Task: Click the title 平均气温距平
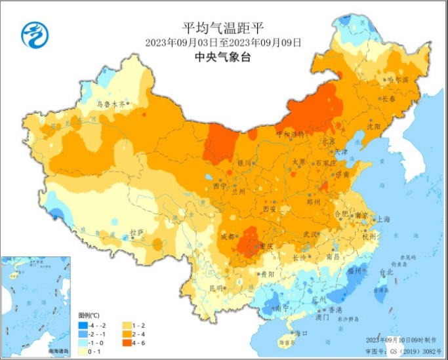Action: click(223, 28)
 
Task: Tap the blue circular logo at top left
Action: click(35, 35)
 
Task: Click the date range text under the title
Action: click(223, 43)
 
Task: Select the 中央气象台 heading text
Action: click(223, 57)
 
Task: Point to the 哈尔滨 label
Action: click(397, 79)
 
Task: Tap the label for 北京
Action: click(327, 142)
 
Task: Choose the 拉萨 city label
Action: click(136, 232)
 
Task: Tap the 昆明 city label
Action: click(216, 288)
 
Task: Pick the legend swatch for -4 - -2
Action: click(83, 325)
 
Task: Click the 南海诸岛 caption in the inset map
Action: click(58, 353)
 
